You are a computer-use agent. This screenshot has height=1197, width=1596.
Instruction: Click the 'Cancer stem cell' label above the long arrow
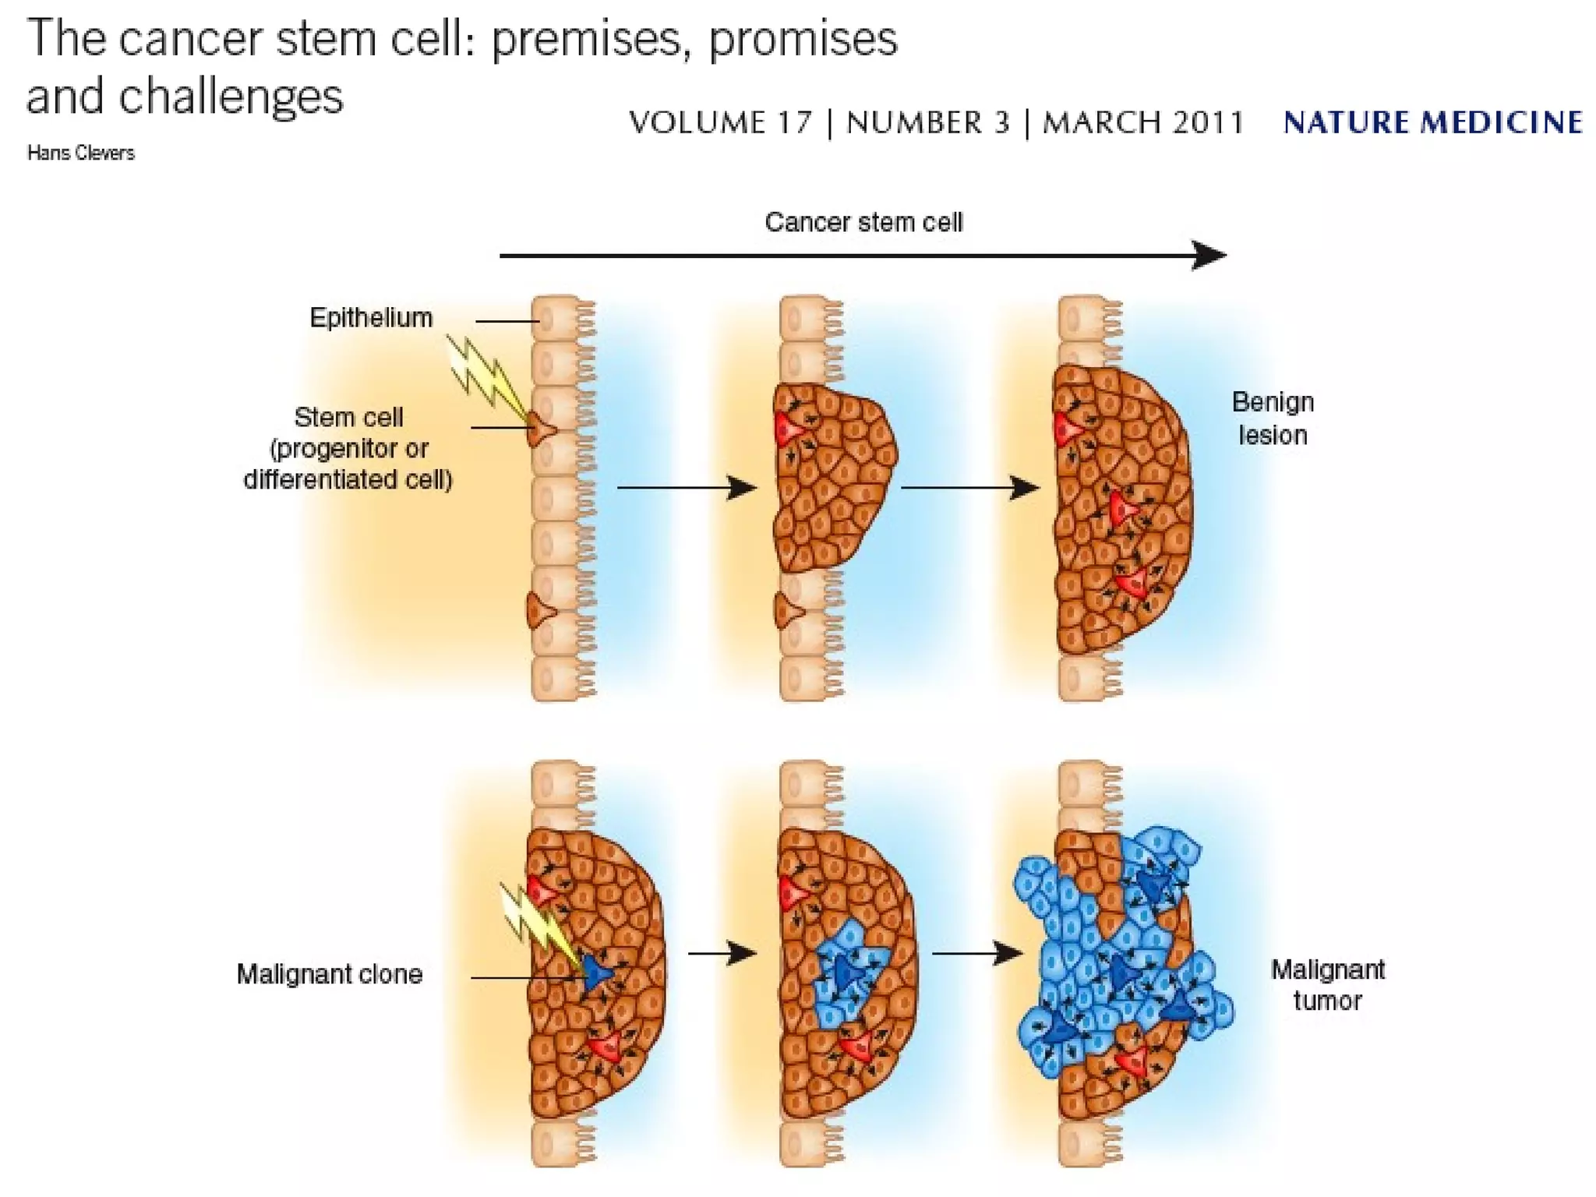pos(863,223)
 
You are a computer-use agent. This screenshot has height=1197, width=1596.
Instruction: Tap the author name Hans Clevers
pos(80,153)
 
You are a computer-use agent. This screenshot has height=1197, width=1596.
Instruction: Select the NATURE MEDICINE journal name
pos(1432,122)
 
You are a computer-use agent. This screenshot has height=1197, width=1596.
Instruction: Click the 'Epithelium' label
pos(371,318)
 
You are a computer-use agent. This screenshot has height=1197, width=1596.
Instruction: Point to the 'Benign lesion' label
pos(1273,418)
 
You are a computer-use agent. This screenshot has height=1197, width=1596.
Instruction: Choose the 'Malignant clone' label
pos(329,974)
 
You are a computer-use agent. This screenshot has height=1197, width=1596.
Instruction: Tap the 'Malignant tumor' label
pos(1327,985)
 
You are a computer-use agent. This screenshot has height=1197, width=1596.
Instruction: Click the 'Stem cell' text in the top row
pos(348,418)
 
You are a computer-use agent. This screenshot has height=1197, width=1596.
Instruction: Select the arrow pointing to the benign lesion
pos(970,488)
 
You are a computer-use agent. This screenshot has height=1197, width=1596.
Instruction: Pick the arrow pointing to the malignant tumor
pos(977,952)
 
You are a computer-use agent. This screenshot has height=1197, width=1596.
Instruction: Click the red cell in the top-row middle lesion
pos(789,428)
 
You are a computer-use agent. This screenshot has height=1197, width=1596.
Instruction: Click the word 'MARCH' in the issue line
pos(1094,122)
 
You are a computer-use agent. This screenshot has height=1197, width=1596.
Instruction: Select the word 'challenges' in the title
pos(231,96)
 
